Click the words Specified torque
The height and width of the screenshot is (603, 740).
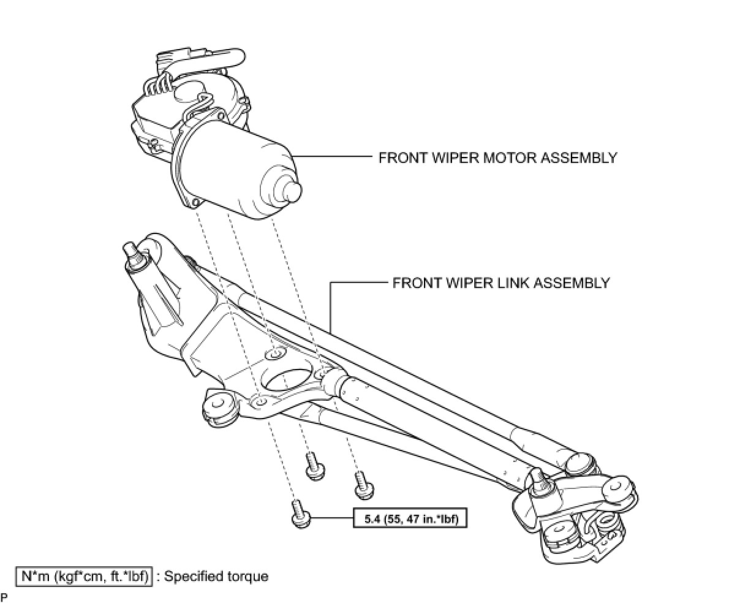click(216, 577)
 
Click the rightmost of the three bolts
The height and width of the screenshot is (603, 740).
click(363, 485)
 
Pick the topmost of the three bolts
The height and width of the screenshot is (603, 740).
click(315, 466)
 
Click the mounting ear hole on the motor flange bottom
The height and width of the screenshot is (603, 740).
click(195, 202)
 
